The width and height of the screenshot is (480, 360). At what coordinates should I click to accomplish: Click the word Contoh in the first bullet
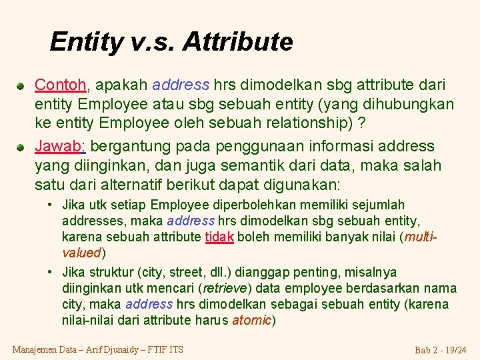click(x=60, y=85)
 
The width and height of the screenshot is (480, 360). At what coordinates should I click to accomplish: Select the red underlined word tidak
click(x=219, y=237)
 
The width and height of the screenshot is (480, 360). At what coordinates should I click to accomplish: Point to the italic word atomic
click(x=251, y=321)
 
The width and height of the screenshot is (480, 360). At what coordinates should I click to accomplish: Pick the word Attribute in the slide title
click(x=237, y=42)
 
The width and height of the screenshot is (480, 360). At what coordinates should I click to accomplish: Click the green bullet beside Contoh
click(x=21, y=86)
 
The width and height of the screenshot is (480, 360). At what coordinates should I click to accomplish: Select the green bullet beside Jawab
click(x=21, y=147)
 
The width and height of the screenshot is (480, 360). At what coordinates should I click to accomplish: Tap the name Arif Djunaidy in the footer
click(x=111, y=349)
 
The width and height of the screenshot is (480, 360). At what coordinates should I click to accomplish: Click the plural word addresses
click(x=89, y=221)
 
